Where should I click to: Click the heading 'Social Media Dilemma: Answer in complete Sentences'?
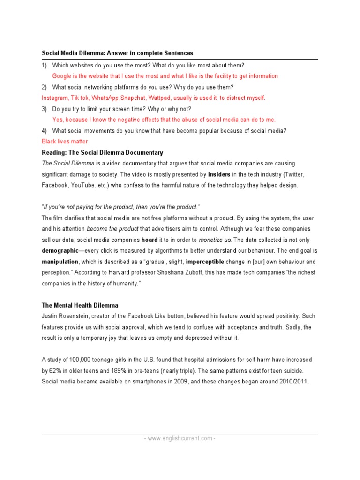[117, 53]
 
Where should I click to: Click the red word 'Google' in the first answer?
[62, 76]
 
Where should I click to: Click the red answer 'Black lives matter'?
[65, 141]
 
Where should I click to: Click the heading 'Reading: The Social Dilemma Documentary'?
[102, 152]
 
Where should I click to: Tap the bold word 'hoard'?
[150, 240]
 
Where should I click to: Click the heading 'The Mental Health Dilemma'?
[80, 305]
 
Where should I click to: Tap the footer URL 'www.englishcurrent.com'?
[180, 438]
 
